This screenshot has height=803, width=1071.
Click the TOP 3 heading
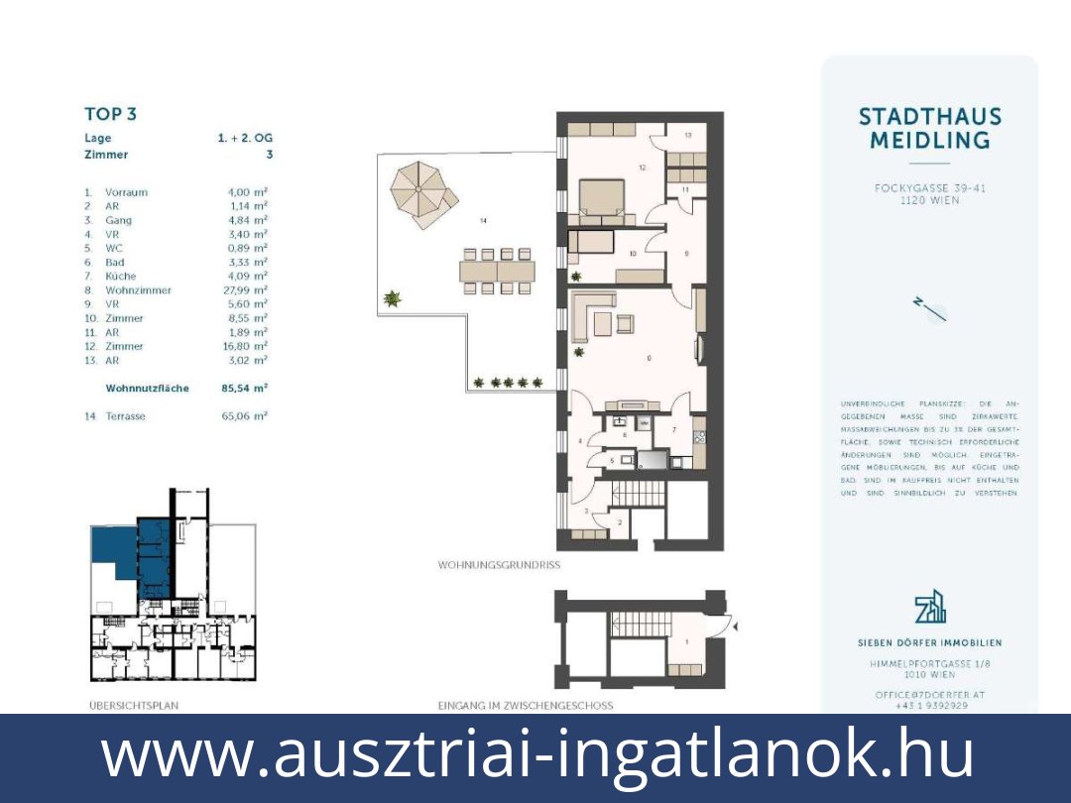pos(110,114)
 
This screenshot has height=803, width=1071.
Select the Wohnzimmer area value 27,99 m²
pos(247,290)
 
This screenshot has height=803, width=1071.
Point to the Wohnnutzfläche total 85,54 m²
pos(245,389)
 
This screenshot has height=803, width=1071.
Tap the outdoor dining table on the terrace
pos(500,271)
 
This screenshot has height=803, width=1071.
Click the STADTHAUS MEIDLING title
pos(929,129)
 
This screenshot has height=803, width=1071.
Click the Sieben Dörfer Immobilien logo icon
pos(929,606)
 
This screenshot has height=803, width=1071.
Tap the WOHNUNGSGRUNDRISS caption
pos(499,565)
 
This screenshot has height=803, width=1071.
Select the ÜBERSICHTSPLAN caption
pos(134,706)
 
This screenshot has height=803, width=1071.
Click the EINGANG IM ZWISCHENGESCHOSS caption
pos(525,706)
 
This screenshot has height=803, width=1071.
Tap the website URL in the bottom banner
pos(536,754)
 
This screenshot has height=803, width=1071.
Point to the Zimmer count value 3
pos(269,155)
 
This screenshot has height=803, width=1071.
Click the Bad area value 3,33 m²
pos(247,263)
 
